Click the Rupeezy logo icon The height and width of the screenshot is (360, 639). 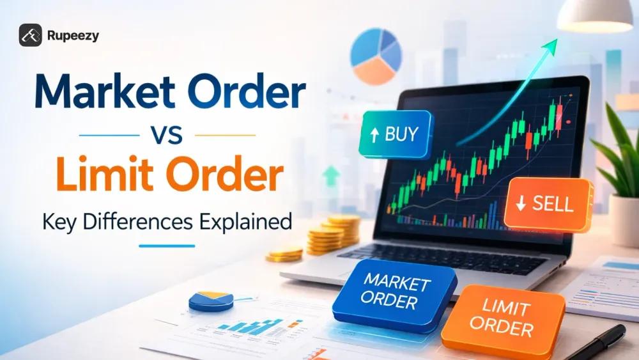(31, 36)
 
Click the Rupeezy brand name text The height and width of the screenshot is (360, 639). (73, 36)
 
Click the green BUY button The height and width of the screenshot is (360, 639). (396, 134)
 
